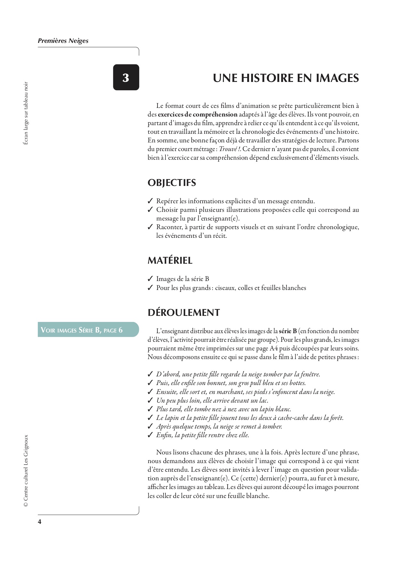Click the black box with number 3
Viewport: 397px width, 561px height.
126,77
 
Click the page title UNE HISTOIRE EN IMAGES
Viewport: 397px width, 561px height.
286,78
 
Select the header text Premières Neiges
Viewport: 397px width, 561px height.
63,41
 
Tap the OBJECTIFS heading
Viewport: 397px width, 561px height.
172,183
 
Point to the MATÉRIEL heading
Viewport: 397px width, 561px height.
170,260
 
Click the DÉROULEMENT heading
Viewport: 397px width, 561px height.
184,313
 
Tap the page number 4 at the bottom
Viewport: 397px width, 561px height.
40,522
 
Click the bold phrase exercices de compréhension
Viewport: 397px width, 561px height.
198,114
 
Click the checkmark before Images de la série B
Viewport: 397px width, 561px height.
150,279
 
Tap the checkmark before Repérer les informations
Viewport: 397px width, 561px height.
150,201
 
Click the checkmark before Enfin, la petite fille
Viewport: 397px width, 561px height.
150,435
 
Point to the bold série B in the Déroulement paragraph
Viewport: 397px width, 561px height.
288,331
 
